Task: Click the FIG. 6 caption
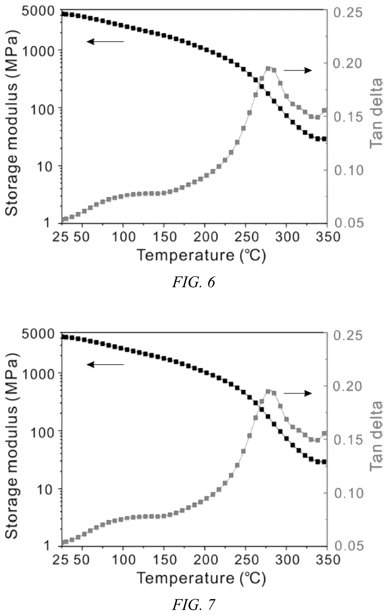pyautogui.click(x=193, y=283)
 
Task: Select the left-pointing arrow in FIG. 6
pyautogui.click(x=105, y=42)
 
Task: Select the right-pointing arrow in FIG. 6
pyautogui.click(x=298, y=71)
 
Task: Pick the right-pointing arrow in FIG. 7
pyautogui.click(x=298, y=393)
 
